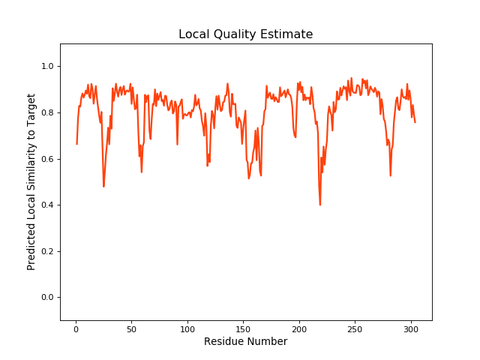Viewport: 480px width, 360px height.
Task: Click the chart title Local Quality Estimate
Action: point(245,34)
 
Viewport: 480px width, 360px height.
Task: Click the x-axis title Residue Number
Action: point(245,341)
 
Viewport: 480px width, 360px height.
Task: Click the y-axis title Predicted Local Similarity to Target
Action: point(31,182)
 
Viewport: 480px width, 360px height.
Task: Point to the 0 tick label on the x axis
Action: point(76,328)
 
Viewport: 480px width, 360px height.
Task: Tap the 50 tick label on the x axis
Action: point(131,328)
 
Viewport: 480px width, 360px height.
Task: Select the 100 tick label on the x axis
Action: point(187,328)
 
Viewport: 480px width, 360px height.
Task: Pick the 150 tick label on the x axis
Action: point(243,328)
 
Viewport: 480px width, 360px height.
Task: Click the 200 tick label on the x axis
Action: point(299,328)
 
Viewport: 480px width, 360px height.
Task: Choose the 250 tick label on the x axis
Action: point(355,328)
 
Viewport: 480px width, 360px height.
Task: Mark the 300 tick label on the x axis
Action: point(411,328)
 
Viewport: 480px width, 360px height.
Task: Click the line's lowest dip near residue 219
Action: point(320,204)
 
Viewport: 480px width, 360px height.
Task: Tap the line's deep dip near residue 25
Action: point(103,186)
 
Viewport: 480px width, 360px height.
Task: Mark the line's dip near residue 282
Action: point(391,175)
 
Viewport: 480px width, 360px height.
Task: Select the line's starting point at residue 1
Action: point(76,144)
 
